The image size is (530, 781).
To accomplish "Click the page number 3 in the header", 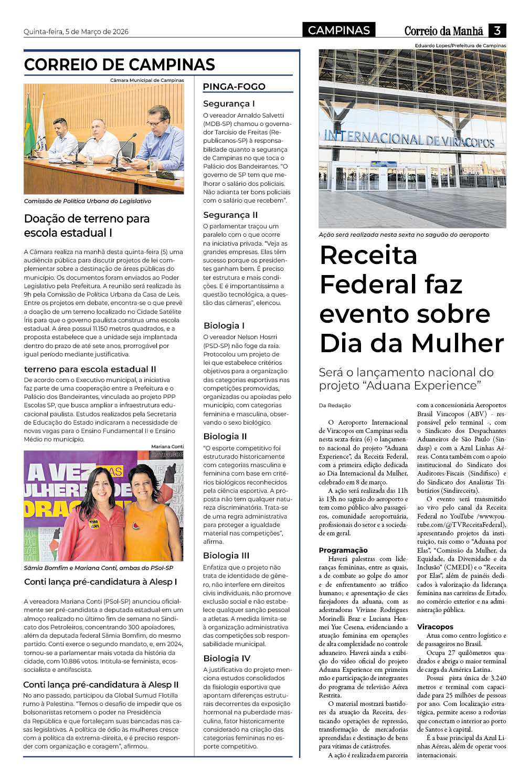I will pyautogui.click(x=497, y=30).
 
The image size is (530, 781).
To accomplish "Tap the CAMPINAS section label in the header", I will pyautogui.click(x=338, y=30).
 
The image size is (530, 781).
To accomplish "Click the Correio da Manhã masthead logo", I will pyautogui.click(x=443, y=31).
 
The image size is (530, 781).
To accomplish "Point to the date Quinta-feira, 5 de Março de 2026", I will pyautogui.click(x=76, y=31).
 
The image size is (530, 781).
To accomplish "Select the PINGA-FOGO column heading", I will pyautogui.click(x=234, y=87).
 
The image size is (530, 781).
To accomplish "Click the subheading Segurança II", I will pyautogui.click(x=230, y=215).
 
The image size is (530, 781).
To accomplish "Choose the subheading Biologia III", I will pyautogui.click(x=226, y=555).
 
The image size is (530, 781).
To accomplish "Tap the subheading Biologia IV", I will pyautogui.click(x=227, y=658).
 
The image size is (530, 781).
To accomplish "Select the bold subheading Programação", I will pyautogui.click(x=343, y=550).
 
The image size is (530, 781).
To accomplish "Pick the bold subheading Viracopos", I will pyautogui.click(x=435, y=627).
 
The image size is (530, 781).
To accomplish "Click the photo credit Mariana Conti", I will pyautogui.click(x=167, y=447).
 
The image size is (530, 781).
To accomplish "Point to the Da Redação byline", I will pyautogui.click(x=335, y=405).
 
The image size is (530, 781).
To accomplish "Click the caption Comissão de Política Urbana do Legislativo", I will pyautogui.click(x=88, y=201).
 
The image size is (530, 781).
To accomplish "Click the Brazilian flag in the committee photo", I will pyautogui.click(x=28, y=126).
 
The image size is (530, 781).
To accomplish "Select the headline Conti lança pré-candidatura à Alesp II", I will pyautogui.click(x=101, y=684).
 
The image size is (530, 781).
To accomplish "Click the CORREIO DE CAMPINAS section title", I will pyautogui.click(x=120, y=65).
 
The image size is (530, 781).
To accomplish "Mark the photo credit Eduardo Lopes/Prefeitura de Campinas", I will pyautogui.click(x=460, y=46).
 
